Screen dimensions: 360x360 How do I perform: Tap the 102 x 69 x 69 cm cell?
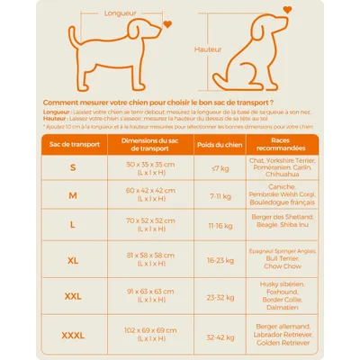(x=150, y=335)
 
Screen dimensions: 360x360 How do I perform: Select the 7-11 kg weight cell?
(x=220, y=194)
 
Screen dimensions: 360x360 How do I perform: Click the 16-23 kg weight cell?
(x=220, y=260)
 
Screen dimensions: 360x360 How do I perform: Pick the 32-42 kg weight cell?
(x=220, y=335)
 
